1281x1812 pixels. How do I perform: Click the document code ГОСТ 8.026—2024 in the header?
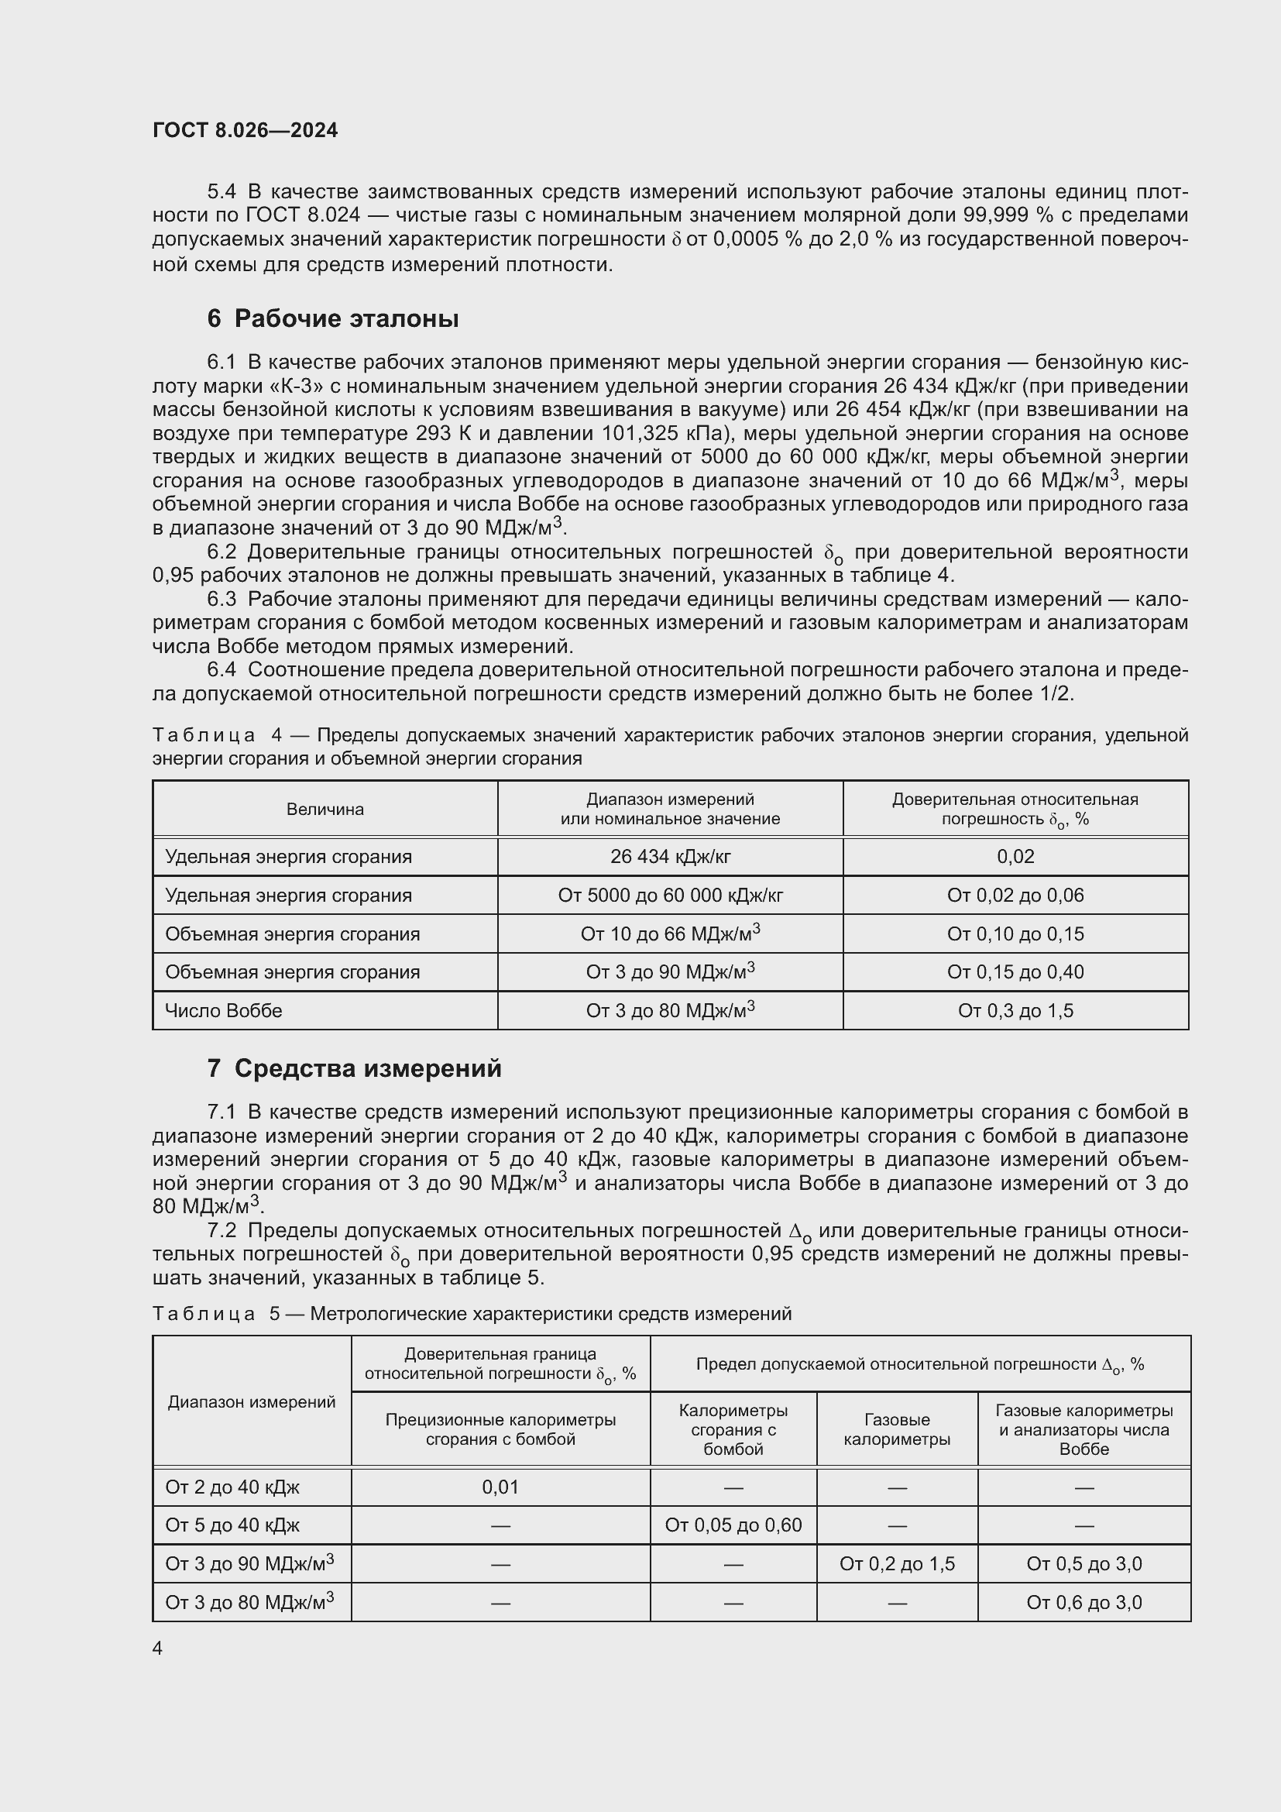coord(245,130)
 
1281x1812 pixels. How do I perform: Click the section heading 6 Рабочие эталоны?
coord(332,319)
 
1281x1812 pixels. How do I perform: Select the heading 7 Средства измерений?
coord(354,1068)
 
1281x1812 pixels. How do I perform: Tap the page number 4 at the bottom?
coord(157,1649)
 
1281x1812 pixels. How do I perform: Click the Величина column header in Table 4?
coord(325,809)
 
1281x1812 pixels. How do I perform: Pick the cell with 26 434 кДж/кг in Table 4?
coord(670,856)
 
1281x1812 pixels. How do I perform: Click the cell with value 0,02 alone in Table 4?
coord(1015,856)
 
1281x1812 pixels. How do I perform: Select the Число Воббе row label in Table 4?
coord(223,1011)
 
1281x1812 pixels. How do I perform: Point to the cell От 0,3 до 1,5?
coord(1015,1011)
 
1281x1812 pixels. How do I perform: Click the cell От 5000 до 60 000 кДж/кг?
coord(670,895)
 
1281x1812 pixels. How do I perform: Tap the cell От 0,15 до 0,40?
coord(1015,972)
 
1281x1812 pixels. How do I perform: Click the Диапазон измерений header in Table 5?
coord(252,1401)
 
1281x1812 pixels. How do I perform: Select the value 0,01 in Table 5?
coord(500,1487)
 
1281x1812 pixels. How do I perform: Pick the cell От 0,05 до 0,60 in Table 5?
coord(733,1525)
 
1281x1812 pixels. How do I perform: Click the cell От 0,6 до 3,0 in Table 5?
coord(1084,1603)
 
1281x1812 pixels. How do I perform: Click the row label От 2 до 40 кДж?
coord(232,1487)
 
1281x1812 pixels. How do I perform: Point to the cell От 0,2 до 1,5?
coord(897,1564)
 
